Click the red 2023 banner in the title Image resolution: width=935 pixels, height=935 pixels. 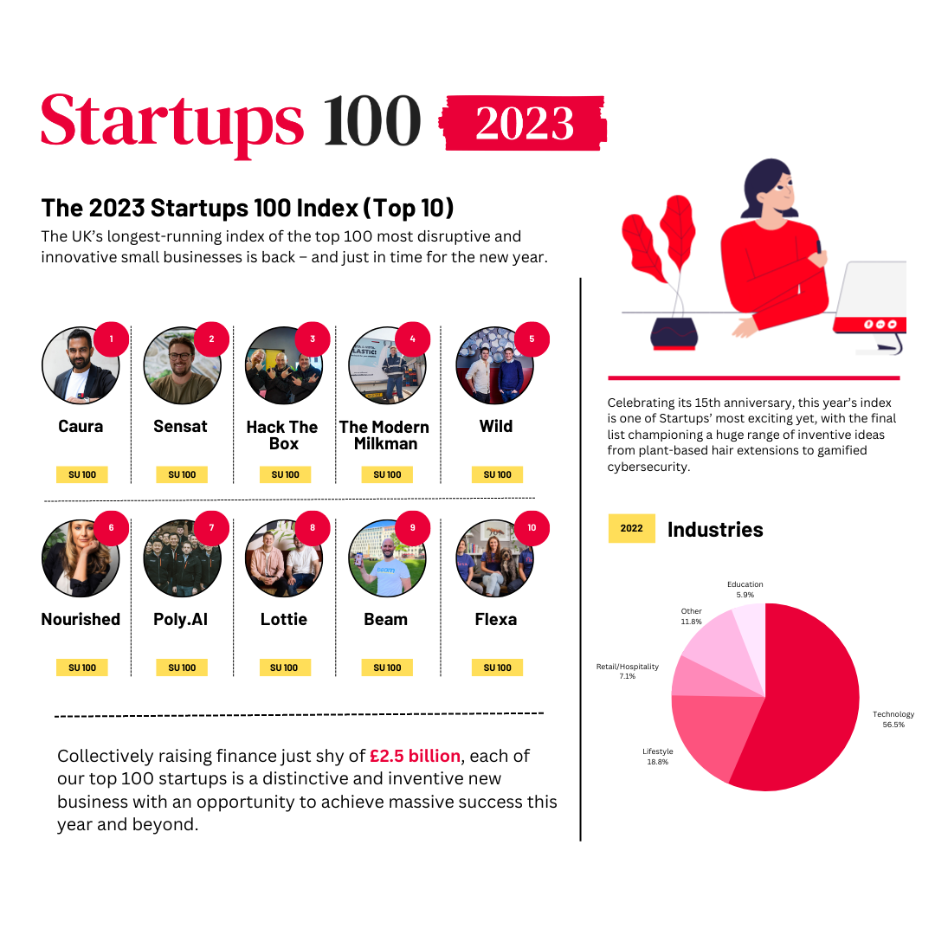[x=523, y=124]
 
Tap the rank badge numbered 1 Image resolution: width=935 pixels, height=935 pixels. [x=111, y=339]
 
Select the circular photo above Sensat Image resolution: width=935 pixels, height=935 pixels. [x=182, y=365]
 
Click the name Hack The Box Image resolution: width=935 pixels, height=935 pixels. [x=282, y=435]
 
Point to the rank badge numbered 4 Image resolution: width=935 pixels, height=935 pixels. [x=412, y=339]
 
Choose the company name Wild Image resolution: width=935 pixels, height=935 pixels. [x=496, y=426]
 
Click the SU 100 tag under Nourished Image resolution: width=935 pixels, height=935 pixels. [x=82, y=667]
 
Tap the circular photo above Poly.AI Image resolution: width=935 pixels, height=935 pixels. [x=182, y=558]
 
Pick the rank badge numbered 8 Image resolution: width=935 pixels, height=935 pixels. [x=313, y=528]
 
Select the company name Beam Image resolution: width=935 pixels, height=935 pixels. [x=385, y=619]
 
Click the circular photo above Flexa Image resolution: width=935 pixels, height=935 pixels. [x=494, y=558]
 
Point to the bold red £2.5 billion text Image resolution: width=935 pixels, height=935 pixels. [x=415, y=756]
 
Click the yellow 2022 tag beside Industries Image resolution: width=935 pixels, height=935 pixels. [x=631, y=528]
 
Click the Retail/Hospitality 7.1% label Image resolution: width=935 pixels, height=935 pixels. [x=628, y=671]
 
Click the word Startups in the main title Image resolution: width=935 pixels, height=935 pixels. [x=173, y=121]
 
